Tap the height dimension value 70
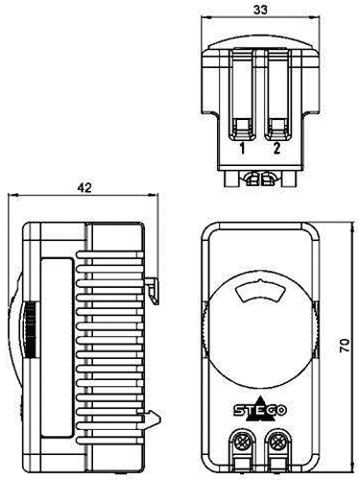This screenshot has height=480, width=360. point(344,345)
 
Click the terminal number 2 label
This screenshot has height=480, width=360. point(276,149)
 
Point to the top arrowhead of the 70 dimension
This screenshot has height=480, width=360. point(330,227)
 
